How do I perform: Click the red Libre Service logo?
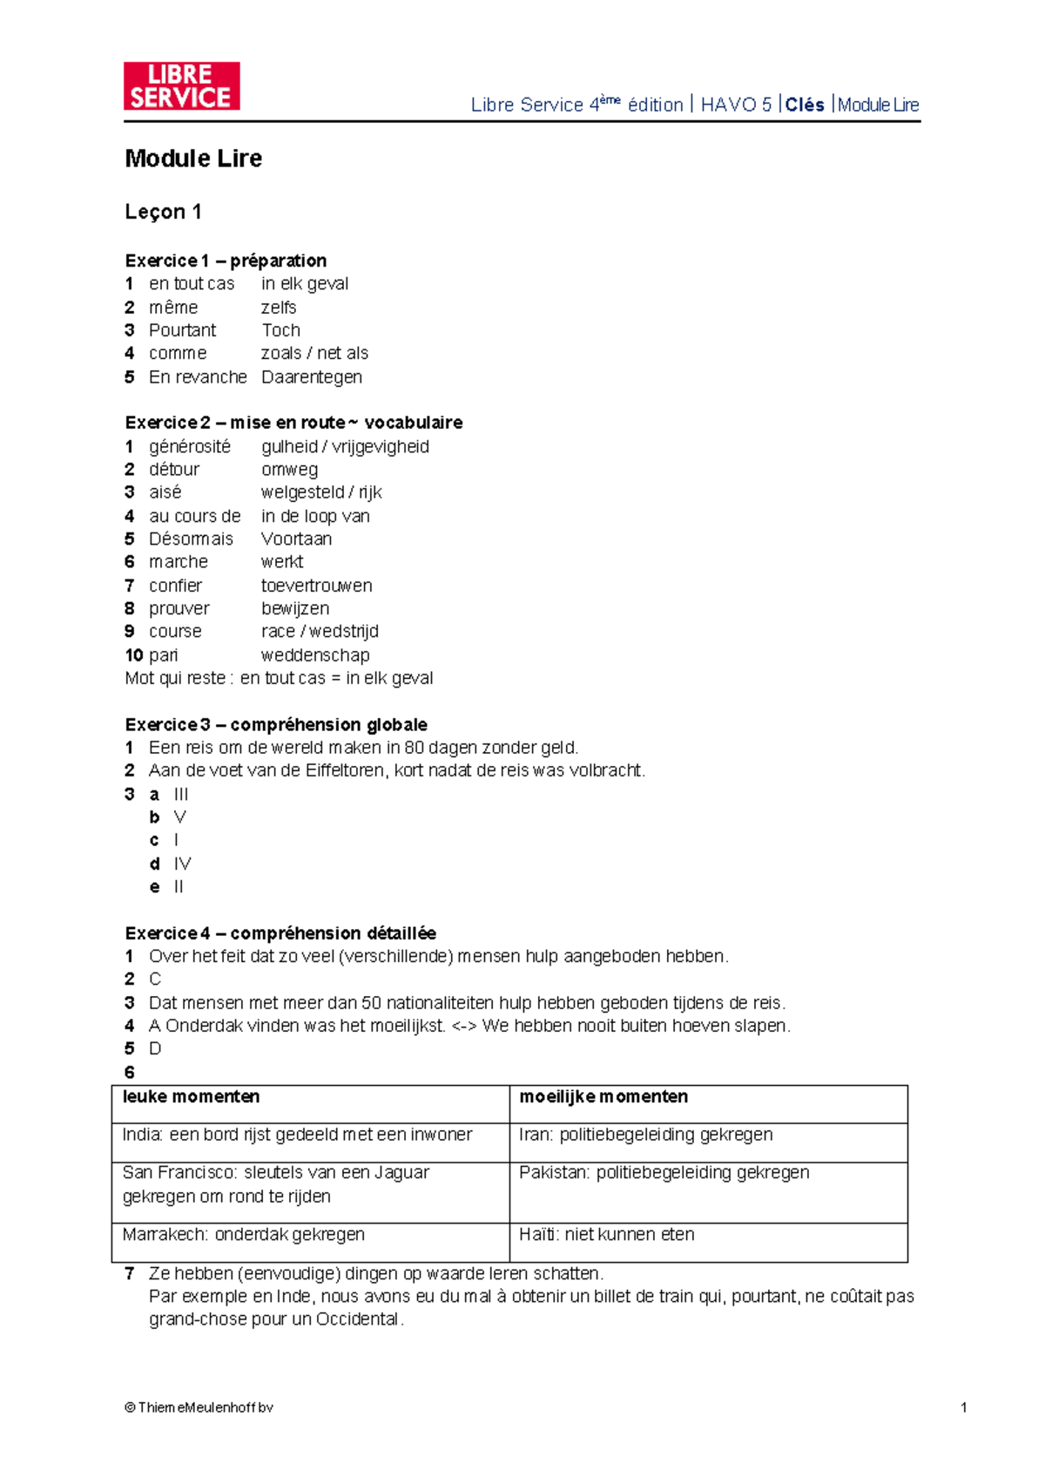tap(181, 86)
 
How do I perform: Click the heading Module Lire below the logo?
tap(193, 159)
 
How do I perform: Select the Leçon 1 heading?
tap(163, 212)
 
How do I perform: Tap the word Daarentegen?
tap(312, 377)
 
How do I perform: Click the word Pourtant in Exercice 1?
tap(182, 330)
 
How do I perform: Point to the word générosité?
tap(190, 447)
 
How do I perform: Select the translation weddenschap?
tap(315, 655)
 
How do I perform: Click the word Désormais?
tap(191, 539)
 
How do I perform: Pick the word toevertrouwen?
tap(316, 586)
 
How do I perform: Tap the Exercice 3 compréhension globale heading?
tap(276, 725)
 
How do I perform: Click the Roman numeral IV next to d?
tap(182, 864)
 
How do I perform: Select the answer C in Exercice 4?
tap(155, 980)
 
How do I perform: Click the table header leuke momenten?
tap(191, 1097)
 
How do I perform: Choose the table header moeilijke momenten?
tap(603, 1097)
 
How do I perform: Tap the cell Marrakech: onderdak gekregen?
tap(244, 1235)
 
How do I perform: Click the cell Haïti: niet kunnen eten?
tap(607, 1235)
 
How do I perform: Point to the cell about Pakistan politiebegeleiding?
tap(664, 1173)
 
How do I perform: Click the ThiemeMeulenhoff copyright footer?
tap(199, 1407)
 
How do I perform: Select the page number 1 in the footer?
tap(963, 1407)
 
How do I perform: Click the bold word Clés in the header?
tap(805, 105)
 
